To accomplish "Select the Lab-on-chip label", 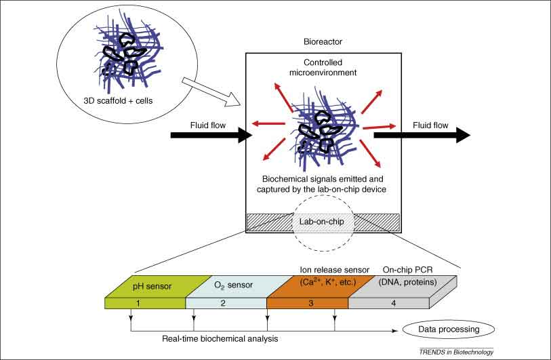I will click(x=323, y=221).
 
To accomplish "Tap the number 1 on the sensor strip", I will click(x=139, y=303).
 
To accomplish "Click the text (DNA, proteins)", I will click(x=403, y=279).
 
